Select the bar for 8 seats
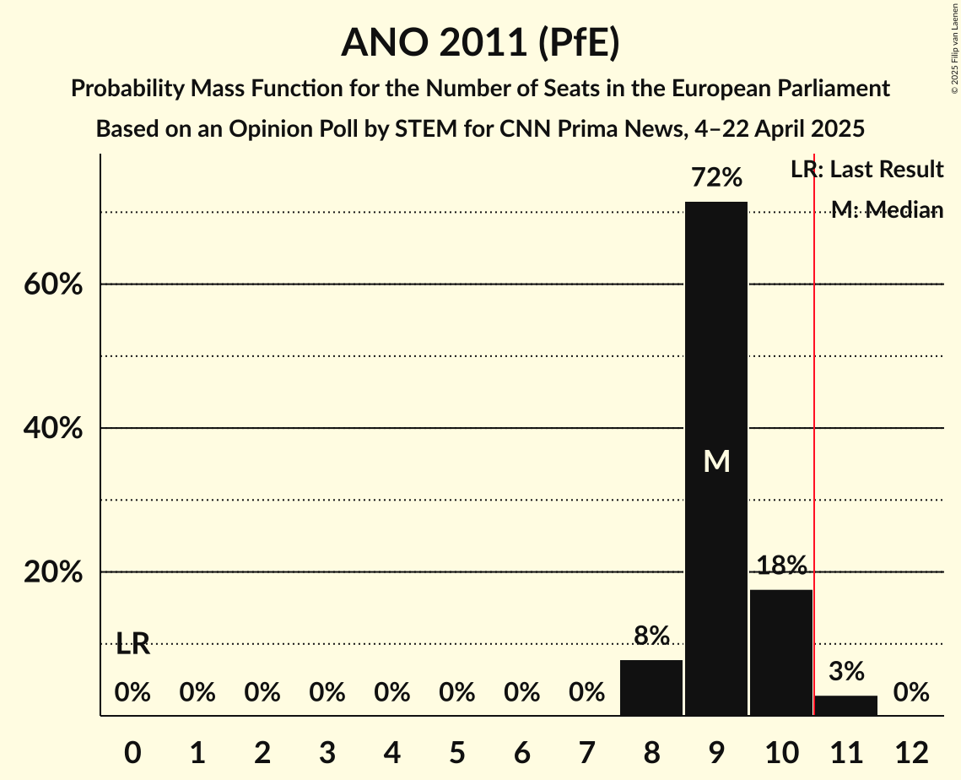[x=651, y=687]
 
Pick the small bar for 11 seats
[x=845, y=706]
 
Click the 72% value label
[x=715, y=178]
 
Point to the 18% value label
[x=780, y=566]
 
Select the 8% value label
[x=651, y=636]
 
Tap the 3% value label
[x=845, y=672]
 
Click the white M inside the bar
[x=716, y=461]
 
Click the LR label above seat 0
[x=132, y=645]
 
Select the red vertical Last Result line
[x=813, y=422]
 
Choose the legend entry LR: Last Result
[x=867, y=170]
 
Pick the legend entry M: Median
[x=886, y=210]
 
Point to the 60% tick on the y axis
[x=52, y=285]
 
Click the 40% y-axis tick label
[x=52, y=429]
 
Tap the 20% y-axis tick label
[x=52, y=572]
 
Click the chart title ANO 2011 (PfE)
[x=480, y=43]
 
